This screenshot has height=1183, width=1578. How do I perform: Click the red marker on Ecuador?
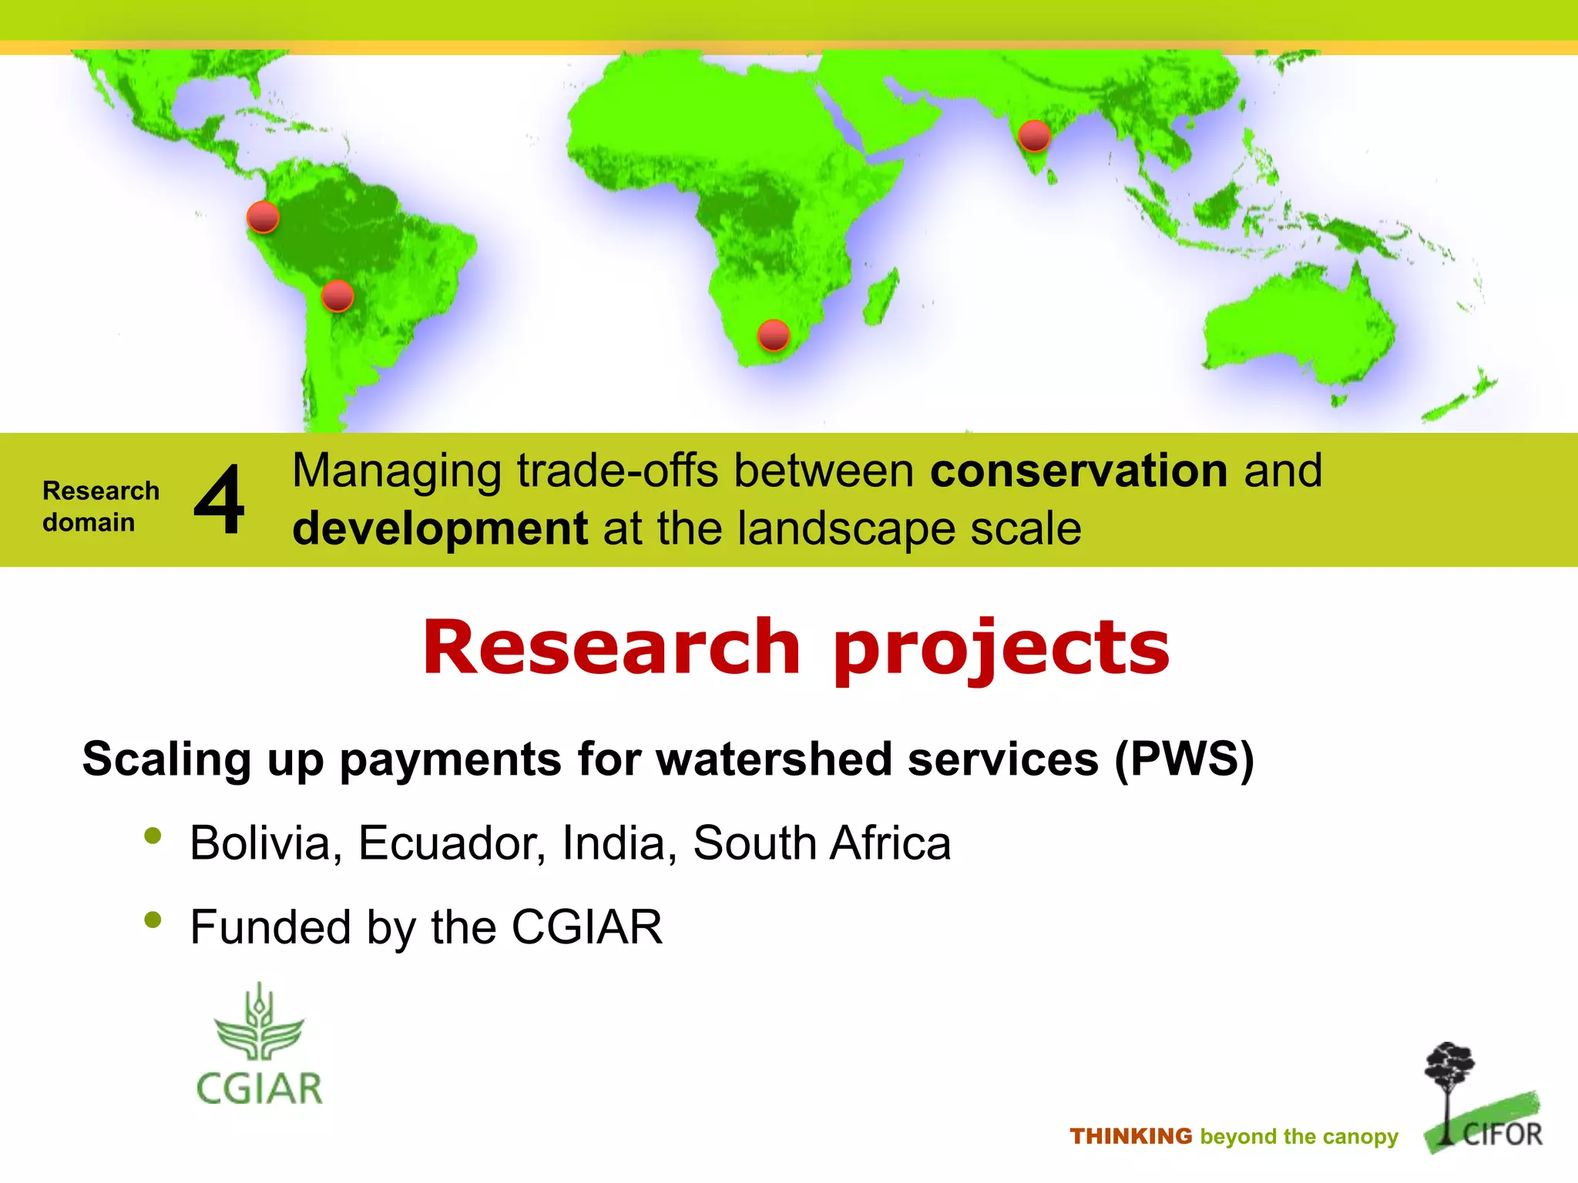263,217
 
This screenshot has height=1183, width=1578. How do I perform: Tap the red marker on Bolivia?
337,296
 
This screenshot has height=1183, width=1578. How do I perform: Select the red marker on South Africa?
773,335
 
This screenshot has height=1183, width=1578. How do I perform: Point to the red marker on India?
1034,136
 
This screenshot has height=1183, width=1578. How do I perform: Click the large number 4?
220,501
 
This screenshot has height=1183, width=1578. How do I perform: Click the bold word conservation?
1079,471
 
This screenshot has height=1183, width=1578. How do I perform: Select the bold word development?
440,529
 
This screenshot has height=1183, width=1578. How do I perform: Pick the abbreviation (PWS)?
1184,759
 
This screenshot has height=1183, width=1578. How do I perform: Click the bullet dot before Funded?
153,920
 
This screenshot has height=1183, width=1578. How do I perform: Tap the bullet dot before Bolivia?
153,836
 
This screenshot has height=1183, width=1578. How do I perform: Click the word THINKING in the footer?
1130,1136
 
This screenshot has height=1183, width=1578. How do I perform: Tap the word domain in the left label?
89,522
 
